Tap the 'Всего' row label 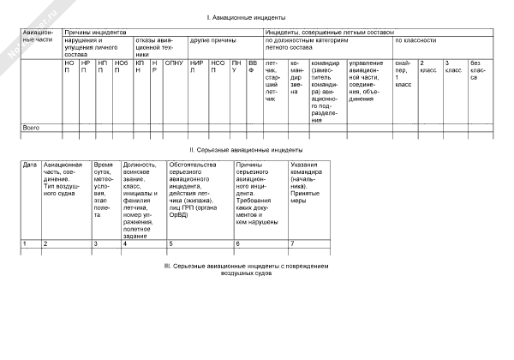31,127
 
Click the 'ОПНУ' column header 173,63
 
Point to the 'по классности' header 415,40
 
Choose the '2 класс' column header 427,66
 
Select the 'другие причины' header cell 213,40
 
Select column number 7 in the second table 293,244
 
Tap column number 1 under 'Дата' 24,244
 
